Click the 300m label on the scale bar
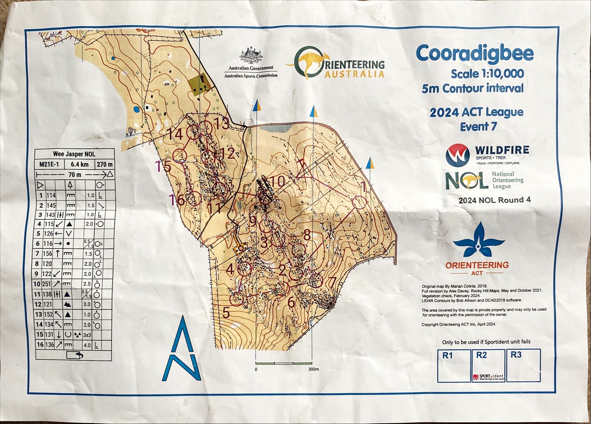coord(314,369)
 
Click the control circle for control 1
coord(359,202)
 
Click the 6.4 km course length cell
coord(79,164)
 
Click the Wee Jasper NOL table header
coord(74,154)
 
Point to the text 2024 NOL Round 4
coord(494,200)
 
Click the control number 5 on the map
coord(226,313)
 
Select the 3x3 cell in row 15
coord(87,335)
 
